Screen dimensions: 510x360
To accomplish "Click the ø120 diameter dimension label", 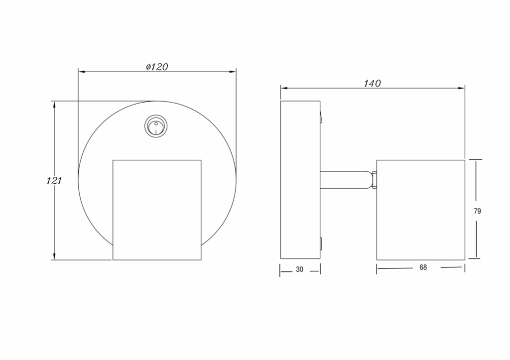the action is pos(157,67).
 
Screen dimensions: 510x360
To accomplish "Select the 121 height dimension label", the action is pos(54,180).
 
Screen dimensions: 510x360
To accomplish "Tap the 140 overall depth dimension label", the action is pos(372,84).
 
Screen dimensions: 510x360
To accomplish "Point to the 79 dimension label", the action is pos(477,211).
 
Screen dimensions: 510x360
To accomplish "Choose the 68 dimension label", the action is pos(423,267).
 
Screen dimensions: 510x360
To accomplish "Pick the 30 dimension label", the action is pos(299,269).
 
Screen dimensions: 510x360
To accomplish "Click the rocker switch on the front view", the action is pos(156,126).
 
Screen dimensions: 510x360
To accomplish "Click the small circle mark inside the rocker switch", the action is pos(156,123).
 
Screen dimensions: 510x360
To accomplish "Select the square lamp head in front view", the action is pos(157,210).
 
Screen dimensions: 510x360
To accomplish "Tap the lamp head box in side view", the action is pos(420,210).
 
